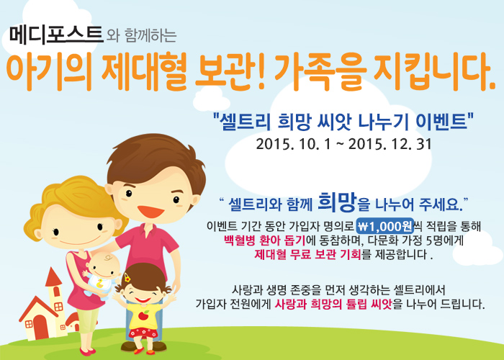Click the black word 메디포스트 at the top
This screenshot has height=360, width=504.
click(56, 35)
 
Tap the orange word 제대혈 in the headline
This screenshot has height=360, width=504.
click(144, 72)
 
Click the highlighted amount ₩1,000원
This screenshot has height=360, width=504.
click(385, 226)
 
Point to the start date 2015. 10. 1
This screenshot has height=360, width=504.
click(293, 144)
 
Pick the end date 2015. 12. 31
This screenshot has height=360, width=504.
click(390, 144)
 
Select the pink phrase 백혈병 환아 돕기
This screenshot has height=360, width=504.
click(264, 240)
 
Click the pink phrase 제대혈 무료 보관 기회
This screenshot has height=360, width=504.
click(308, 254)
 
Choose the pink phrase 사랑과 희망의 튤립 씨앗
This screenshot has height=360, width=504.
click(333, 303)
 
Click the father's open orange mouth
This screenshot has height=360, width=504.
click(150, 212)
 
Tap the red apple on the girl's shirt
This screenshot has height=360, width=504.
click(143, 315)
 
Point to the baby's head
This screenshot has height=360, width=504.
click(104, 266)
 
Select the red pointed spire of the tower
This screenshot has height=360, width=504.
click(53, 276)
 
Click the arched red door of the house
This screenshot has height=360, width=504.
click(41, 327)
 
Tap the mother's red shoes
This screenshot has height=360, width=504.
click(87, 351)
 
